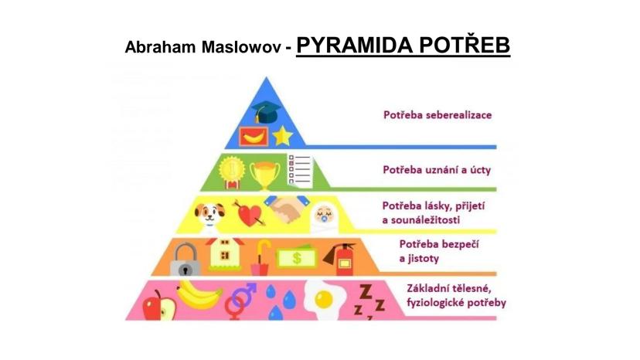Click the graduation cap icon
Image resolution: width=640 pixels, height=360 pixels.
click(266, 111)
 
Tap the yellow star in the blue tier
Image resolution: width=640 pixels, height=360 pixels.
click(282, 136)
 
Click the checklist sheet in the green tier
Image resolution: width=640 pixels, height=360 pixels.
click(301, 171)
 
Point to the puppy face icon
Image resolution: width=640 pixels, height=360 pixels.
click(209, 215)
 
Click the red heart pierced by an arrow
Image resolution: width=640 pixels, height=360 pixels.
click(249, 212)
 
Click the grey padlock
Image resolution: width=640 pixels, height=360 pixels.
click(186, 260)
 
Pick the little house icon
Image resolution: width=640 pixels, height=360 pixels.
click(225, 253)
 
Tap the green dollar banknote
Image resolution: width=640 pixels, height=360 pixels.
click(296, 257)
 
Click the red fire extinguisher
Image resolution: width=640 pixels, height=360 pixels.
click(340, 259)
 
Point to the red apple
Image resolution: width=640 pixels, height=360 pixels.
click(158, 306)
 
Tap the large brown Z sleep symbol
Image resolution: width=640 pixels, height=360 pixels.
click(366, 292)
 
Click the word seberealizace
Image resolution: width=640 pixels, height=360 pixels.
click(459, 115)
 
